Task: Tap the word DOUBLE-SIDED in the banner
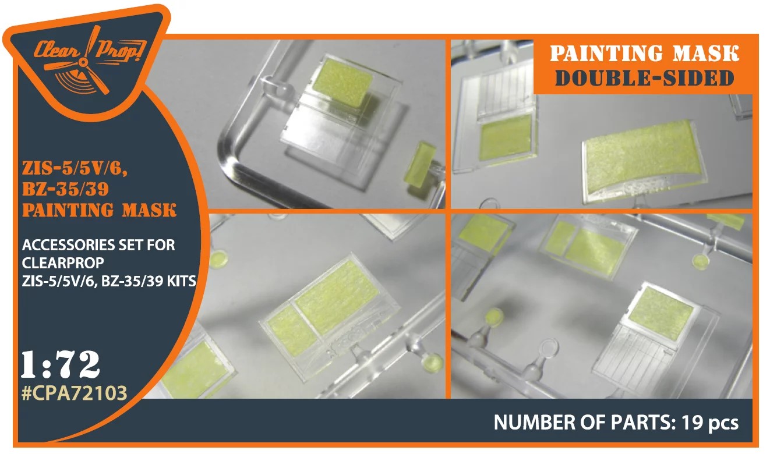tap(645, 79)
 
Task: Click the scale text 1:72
tap(61, 364)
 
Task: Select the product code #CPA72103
tap(74, 393)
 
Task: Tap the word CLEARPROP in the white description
tap(63, 263)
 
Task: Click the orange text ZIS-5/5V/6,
tap(75, 169)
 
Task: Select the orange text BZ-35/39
tap(65, 189)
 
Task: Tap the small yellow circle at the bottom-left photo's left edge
tap(218, 258)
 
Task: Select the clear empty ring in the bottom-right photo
tap(549, 348)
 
